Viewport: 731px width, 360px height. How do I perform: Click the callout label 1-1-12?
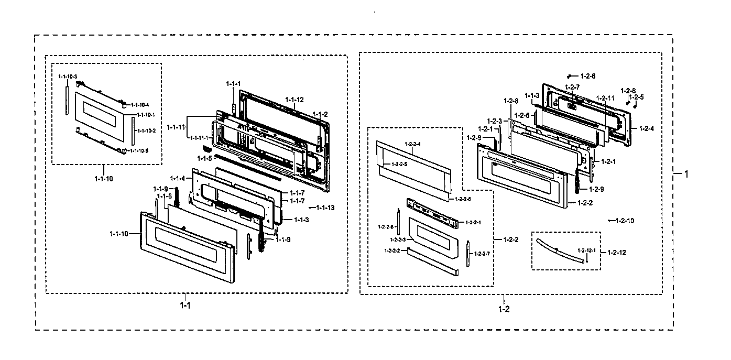click(x=294, y=100)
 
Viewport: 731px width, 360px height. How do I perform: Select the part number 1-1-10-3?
click(x=68, y=77)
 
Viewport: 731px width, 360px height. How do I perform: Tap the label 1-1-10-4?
click(x=140, y=105)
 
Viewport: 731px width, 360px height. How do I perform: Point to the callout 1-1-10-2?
click(x=146, y=130)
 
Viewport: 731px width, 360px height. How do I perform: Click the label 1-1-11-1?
click(x=199, y=137)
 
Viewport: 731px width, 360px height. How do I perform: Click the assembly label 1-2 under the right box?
click(x=504, y=309)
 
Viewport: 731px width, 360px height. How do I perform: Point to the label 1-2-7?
click(x=572, y=87)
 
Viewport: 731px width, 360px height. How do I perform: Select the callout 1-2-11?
click(x=605, y=98)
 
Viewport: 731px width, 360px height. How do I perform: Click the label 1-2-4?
click(x=646, y=128)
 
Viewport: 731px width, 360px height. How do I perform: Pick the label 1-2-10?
click(x=624, y=221)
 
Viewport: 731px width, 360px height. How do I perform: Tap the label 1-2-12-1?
click(x=586, y=250)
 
